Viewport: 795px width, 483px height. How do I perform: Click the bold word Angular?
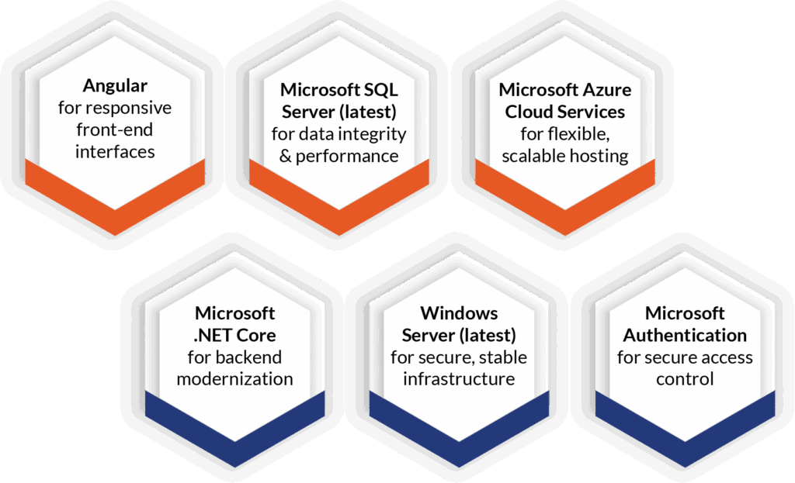click(x=115, y=84)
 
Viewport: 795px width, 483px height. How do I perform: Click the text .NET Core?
click(x=235, y=336)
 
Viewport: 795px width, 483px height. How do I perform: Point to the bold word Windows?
click(x=459, y=313)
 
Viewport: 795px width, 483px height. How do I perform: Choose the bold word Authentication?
click(x=685, y=336)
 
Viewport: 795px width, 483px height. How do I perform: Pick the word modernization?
click(x=235, y=379)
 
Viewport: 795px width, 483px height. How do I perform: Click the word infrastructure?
click(x=459, y=379)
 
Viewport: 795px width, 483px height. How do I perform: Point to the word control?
click(x=685, y=379)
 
